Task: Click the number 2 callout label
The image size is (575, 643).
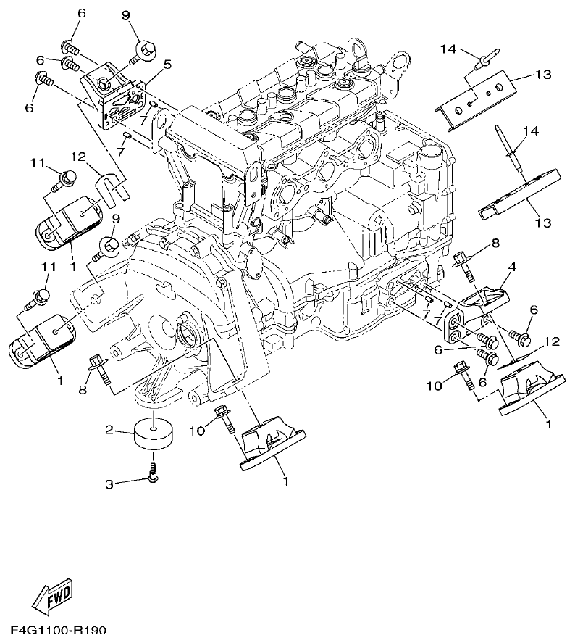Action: click(x=110, y=430)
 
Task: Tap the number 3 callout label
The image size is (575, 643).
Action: click(x=110, y=483)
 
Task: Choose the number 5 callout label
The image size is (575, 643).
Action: click(x=167, y=65)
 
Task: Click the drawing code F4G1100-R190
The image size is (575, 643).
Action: click(x=58, y=631)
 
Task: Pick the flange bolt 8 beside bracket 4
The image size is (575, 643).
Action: click(x=463, y=265)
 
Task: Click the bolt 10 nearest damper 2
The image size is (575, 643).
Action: click(x=224, y=420)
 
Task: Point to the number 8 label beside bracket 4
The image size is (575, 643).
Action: click(x=495, y=244)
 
